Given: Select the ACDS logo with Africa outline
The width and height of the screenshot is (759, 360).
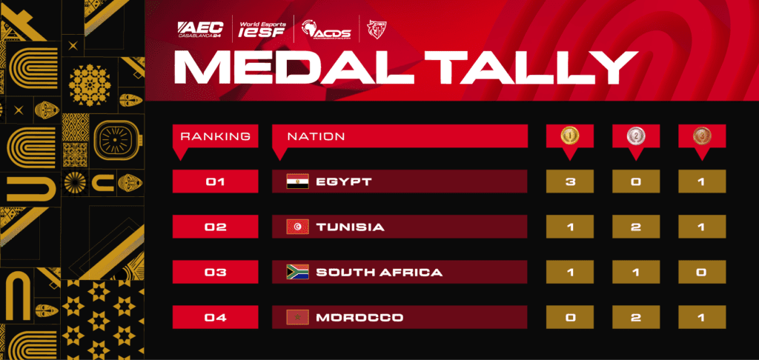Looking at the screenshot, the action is click(x=326, y=30).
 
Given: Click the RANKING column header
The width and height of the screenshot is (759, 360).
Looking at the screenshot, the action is click(x=216, y=136).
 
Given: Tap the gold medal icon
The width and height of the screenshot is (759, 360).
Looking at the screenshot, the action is click(x=570, y=136).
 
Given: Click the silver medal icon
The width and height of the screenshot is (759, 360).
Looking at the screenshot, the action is click(x=636, y=136).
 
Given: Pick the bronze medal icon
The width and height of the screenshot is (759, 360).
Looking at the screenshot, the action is click(x=702, y=136).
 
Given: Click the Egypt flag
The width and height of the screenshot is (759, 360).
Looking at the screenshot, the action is click(x=297, y=182).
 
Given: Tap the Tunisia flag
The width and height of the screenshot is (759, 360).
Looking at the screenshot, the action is click(x=297, y=227).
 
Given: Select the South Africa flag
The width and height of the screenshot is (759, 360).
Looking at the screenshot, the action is click(x=297, y=272).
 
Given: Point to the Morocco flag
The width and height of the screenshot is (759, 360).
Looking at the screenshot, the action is click(x=297, y=318).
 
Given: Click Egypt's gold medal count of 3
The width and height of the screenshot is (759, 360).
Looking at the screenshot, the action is click(x=570, y=181).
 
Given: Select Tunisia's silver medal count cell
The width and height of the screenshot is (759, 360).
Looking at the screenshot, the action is click(x=636, y=227).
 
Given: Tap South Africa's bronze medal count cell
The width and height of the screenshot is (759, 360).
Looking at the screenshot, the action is click(x=702, y=272).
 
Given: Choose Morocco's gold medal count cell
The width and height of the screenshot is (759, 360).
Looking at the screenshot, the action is click(x=570, y=318).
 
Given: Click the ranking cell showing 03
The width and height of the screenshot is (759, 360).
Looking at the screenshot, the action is click(x=216, y=272).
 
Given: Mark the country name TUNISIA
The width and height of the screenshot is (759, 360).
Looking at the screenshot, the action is click(x=351, y=227).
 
